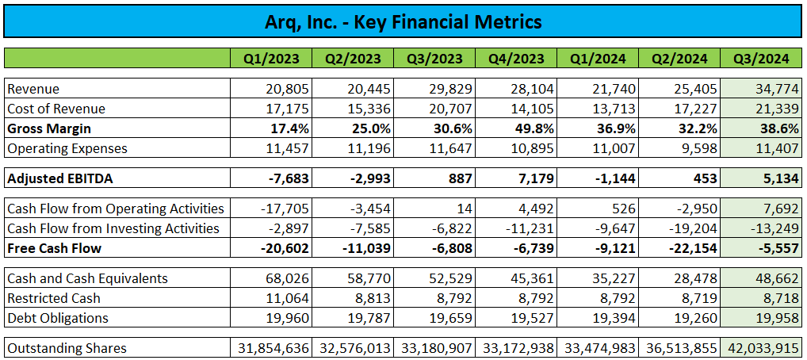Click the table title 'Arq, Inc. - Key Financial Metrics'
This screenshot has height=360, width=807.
tap(403, 21)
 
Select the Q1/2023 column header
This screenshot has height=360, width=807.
tap(271, 59)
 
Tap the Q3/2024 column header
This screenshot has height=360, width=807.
tap(761, 59)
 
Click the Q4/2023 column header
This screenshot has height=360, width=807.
tap(516, 59)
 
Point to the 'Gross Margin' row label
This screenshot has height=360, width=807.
tap(49, 128)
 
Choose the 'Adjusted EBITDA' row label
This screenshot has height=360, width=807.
tap(60, 178)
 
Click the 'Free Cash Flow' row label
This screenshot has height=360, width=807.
tap(53, 248)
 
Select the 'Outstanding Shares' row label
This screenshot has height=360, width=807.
tap(67, 348)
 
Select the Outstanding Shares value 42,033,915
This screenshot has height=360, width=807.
tap(761, 348)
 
